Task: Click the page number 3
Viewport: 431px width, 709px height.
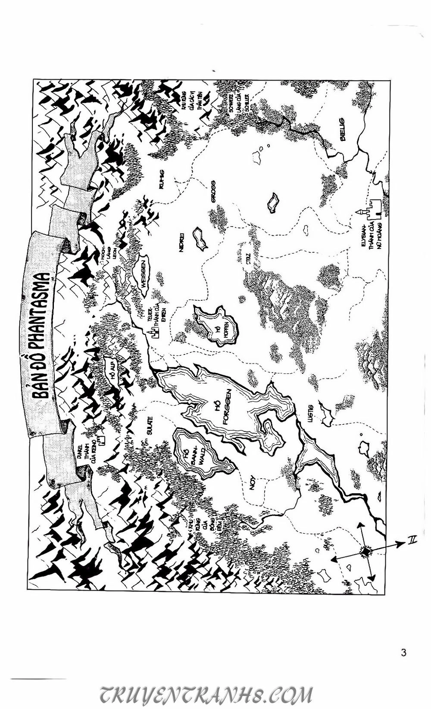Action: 403,653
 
